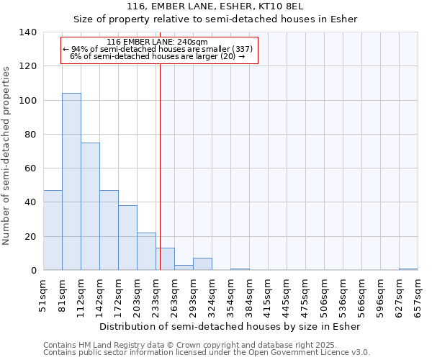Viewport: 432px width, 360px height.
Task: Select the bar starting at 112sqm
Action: (90, 206)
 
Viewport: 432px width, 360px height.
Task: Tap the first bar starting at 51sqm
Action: (53, 230)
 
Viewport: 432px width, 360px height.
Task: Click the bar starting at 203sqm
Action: (146, 251)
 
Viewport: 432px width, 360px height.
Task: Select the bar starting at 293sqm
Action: (202, 264)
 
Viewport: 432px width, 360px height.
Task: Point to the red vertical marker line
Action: (160, 166)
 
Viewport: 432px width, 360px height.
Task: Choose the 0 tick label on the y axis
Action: (33, 271)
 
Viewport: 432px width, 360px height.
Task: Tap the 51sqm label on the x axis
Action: (43, 295)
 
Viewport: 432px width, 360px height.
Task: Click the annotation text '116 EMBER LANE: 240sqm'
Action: (157, 42)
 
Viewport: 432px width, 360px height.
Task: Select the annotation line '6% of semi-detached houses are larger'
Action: (157, 56)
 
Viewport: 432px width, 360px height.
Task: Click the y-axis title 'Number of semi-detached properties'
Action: (6, 156)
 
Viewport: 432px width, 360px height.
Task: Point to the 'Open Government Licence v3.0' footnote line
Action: (207, 353)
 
